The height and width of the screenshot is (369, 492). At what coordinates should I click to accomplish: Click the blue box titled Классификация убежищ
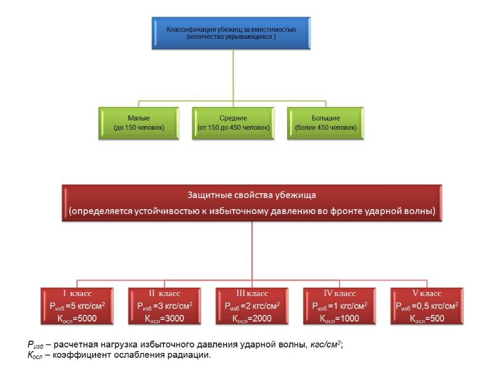[232, 33]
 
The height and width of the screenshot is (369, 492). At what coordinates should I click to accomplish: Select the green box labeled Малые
[139, 122]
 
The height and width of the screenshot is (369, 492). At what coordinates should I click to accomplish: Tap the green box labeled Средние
[233, 122]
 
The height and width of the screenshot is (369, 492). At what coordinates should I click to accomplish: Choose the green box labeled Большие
[325, 122]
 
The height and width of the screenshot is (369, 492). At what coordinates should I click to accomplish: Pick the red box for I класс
[77, 306]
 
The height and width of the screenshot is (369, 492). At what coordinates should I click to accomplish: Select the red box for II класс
[164, 306]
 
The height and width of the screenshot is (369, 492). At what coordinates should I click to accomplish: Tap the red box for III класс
[253, 306]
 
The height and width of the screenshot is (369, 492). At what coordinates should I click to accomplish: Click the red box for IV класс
[339, 306]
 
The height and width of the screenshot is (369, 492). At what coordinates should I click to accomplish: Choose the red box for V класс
[427, 306]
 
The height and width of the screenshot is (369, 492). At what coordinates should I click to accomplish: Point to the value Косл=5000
[77, 319]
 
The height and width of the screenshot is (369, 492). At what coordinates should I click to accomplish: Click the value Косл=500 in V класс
[427, 319]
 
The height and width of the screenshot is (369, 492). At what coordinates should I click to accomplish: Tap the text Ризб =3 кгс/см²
[164, 306]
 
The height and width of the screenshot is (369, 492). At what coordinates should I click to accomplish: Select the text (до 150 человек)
[139, 127]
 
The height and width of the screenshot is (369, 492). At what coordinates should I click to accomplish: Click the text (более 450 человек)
[325, 127]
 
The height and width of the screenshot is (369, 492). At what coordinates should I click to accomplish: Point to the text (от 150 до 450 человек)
[233, 127]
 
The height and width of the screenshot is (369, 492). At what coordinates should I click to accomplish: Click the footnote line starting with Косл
[119, 355]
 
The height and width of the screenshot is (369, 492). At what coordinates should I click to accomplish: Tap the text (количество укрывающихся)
[232, 37]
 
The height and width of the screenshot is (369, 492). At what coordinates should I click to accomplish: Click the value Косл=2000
[253, 319]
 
